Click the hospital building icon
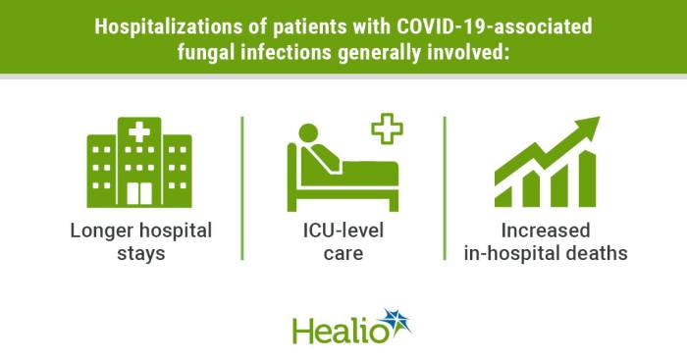pos(138,161)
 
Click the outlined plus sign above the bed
pos(386,129)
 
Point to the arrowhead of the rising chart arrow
pos(588,128)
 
